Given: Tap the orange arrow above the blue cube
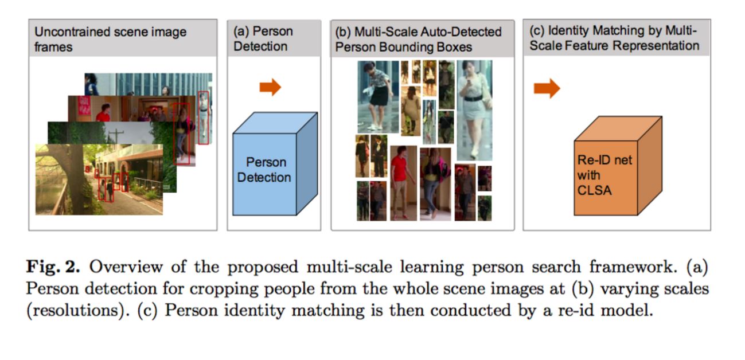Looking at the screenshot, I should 270,87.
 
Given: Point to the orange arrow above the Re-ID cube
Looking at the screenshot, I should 546,88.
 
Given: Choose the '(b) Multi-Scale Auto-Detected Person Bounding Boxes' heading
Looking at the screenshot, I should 418,39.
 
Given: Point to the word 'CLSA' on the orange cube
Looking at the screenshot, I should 594,190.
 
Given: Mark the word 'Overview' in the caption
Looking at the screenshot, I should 123,267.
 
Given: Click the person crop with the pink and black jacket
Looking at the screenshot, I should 435,183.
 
